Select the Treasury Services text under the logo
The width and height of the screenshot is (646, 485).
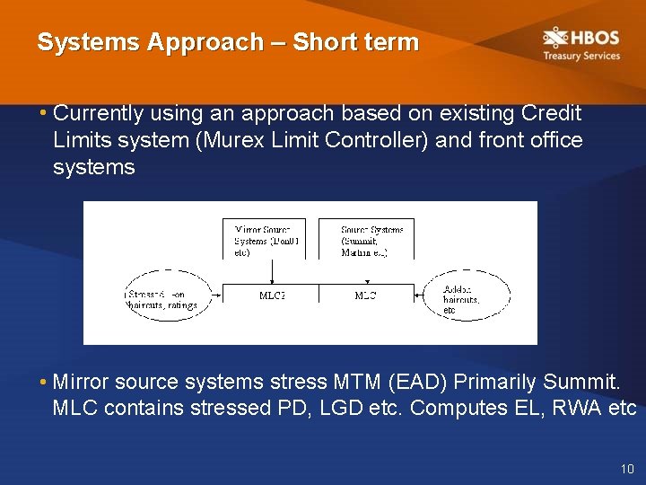pyautogui.click(x=581, y=56)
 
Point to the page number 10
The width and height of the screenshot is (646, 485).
pyautogui.click(x=626, y=470)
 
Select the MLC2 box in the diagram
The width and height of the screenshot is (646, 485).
pyautogui.click(x=271, y=295)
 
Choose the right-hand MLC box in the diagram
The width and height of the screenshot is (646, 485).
pyautogui.click(x=366, y=295)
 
